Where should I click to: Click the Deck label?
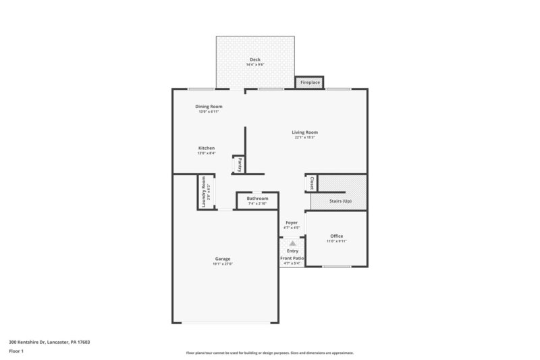click(x=254, y=59)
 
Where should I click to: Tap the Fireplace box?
click(x=310, y=82)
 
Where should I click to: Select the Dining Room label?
click(x=209, y=107)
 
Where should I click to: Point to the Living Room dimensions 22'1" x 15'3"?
click(x=305, y=137)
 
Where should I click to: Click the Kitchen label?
click(x=207, y=148)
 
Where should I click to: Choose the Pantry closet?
click(x=239, y=164)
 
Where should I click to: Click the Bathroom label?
click(x=257, y=199)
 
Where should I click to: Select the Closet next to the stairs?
click(x=311, y=183)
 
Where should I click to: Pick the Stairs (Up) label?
click(x=340, y=201)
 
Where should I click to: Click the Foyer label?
click(x=292, y=222)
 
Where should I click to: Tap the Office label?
click(x=336, y=236)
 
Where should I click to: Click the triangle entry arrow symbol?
click(x=292, y=244)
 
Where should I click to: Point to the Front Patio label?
click(x=292, y=258)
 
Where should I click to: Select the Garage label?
click(x=223, y=259)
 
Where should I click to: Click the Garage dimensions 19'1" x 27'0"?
click(x=223, y=264)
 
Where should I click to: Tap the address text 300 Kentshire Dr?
click(x=49, y=342)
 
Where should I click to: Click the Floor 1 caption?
click(x=17, y=351)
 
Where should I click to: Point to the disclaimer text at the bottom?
click(x=269, y=353)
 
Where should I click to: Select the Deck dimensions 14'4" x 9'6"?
click(x=254, y=65)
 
